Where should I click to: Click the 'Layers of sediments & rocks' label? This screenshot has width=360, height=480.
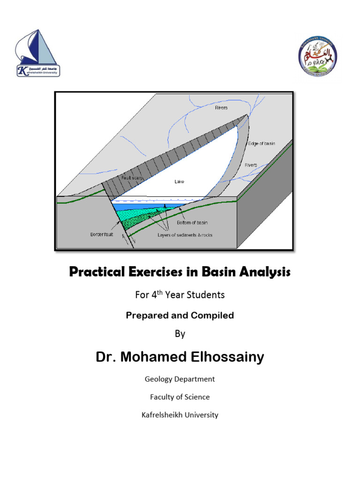[185, 235]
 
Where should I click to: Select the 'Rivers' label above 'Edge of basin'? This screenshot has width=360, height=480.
[221, 108]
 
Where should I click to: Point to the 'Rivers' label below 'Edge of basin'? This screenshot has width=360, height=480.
[251, 165]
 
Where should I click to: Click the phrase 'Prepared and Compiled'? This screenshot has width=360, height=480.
[180, 315]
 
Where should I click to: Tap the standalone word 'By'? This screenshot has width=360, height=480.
[180, 334]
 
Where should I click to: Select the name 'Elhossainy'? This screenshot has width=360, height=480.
[224, 357]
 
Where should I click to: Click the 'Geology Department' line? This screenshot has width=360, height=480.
[180, 379]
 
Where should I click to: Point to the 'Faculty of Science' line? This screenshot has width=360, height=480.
[180, 397]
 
